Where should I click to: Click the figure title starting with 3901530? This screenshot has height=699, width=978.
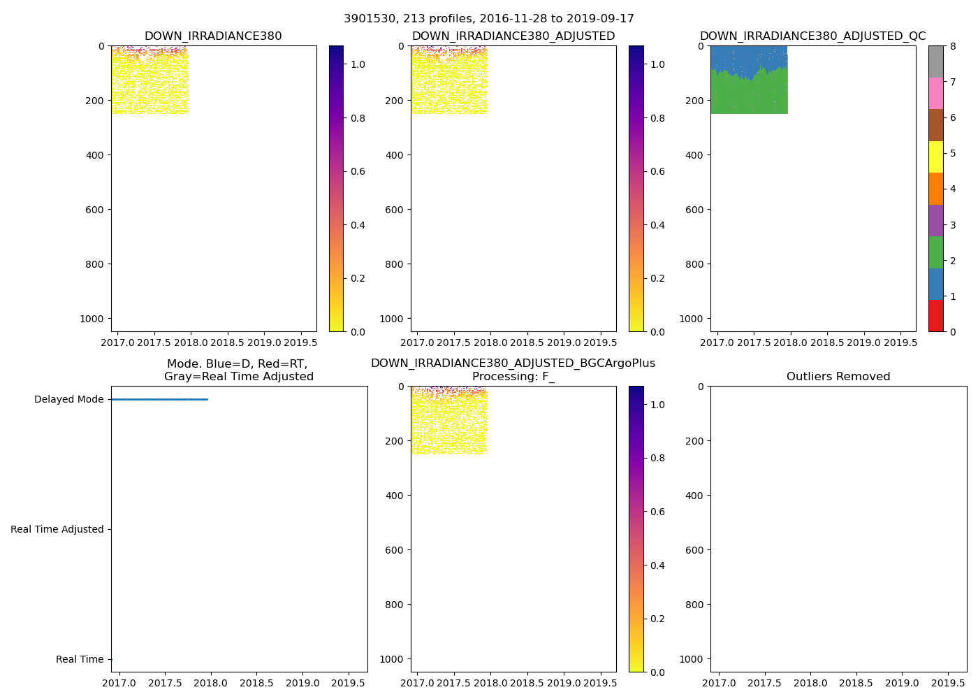(x=489, y=19)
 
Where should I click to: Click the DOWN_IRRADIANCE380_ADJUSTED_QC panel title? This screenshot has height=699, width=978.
(x=812, y=36)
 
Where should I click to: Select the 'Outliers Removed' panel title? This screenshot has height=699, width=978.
(x=838, y=377)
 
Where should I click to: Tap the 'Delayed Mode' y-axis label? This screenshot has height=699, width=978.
(x=68, y=400)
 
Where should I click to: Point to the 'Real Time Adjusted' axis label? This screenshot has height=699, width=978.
(x=57, y=530)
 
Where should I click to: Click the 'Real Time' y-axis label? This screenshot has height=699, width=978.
(x=80, y=660)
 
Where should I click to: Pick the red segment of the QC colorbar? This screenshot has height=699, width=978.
(x=936, y=316)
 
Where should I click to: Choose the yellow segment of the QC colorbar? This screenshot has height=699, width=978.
(x=936, y=157)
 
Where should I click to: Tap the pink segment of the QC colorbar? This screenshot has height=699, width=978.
(x=936, y=94)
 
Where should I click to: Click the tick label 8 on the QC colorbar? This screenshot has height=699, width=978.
(x=953, y=46)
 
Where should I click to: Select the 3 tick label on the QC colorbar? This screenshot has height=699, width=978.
(x=953, y=225)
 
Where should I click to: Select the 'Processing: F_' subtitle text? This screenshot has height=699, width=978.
(x=513, y=377)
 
